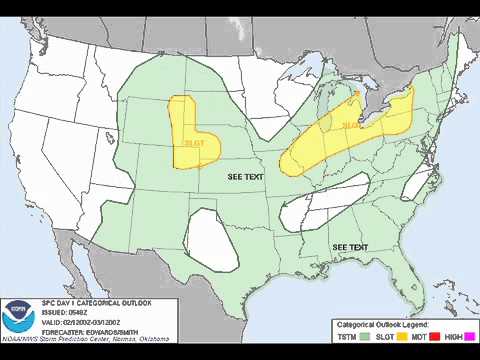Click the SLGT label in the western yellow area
click(193, 143)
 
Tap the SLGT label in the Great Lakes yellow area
click(353, 125)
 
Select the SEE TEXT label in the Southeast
click(350, 247)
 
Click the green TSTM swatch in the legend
click(365, 336)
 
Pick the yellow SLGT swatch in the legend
click(399, 336)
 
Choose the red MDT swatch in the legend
click(429, 336)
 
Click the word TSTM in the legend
click(347, 336)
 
